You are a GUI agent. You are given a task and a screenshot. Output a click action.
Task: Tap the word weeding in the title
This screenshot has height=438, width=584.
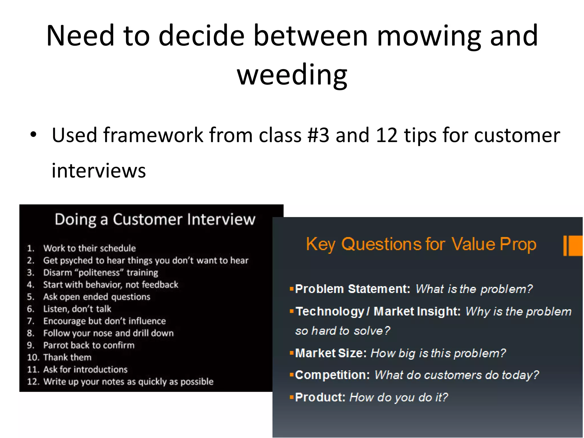pos(292,75)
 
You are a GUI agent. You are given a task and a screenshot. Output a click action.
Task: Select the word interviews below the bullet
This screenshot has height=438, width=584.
pos(99,171)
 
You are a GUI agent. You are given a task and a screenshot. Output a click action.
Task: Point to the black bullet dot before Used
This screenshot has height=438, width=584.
pos(33,135)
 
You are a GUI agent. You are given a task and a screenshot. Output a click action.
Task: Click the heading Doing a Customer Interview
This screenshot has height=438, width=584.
pos(155,220)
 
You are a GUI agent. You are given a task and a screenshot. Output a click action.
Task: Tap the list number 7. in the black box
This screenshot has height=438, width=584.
pos(31,321)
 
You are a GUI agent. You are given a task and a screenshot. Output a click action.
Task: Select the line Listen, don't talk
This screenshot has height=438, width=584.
pos(77,309)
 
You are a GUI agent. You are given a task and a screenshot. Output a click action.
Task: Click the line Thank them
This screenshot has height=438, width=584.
pos(67,357)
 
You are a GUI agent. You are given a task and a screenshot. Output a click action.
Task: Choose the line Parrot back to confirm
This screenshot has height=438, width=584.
pos(89,345)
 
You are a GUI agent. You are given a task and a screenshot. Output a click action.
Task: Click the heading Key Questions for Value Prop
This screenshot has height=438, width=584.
pos(421,244)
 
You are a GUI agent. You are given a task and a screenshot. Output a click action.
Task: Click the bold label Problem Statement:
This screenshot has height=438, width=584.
pos(352,289)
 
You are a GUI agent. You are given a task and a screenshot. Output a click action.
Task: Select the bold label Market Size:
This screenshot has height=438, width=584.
pos(331,353)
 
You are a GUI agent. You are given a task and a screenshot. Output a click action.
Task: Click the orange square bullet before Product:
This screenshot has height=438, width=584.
pos(291,397)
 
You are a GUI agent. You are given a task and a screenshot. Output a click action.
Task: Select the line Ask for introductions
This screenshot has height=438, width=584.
pos(85,370)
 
